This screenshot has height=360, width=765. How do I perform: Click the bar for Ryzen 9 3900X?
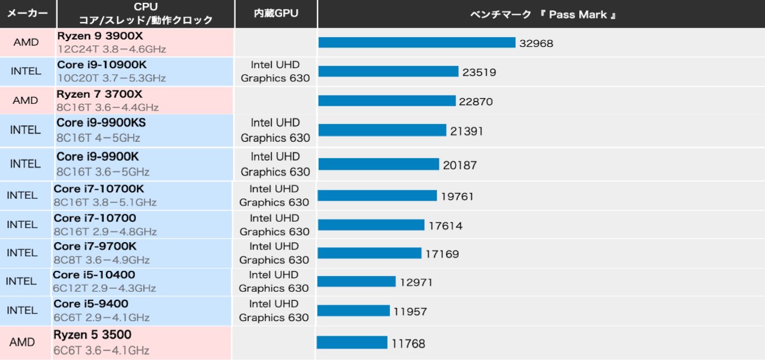[417, 43]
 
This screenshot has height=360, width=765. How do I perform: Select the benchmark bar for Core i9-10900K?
[388, 72]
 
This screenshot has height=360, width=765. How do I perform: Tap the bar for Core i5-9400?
[354, 311]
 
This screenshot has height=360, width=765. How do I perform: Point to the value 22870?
[476, 102]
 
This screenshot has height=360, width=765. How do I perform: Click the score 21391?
[467, 131]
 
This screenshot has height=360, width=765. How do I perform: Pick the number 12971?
[416, 282]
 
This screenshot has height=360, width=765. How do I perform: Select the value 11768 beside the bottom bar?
[408, 343]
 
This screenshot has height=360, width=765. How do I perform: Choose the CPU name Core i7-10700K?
[99, 188]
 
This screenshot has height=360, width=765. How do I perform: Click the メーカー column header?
[27, 14]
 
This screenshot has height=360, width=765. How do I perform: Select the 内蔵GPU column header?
[276, 14]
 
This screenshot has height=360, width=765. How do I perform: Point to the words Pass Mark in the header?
[578, 15]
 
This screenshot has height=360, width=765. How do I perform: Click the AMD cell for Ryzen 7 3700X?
[25, 100]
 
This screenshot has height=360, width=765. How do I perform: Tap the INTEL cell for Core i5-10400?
[21, 281]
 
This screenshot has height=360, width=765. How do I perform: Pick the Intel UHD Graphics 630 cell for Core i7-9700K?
[274, 253]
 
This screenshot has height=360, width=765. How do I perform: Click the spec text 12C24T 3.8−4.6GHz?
[112, 49]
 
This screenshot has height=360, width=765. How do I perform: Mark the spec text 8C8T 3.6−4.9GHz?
[102, 260]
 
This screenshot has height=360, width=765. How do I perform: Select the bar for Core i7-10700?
[371, 225]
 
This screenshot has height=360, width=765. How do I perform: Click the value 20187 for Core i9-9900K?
[460, 165]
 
